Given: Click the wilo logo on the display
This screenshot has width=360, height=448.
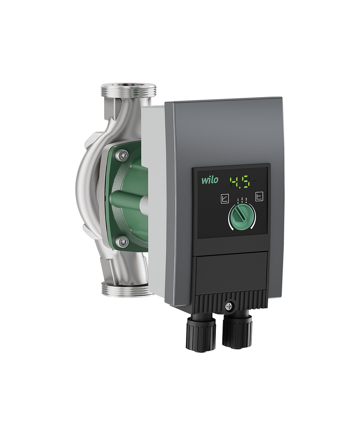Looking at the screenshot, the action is tap(210, 180).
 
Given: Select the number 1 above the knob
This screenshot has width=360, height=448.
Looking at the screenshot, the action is tap(238, 200).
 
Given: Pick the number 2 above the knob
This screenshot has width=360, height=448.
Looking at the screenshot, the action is tap(242, 199).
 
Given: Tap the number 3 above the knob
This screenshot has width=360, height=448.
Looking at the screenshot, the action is tap(246, 199).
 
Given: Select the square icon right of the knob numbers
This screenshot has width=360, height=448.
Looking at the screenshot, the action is tap(259, 196).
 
